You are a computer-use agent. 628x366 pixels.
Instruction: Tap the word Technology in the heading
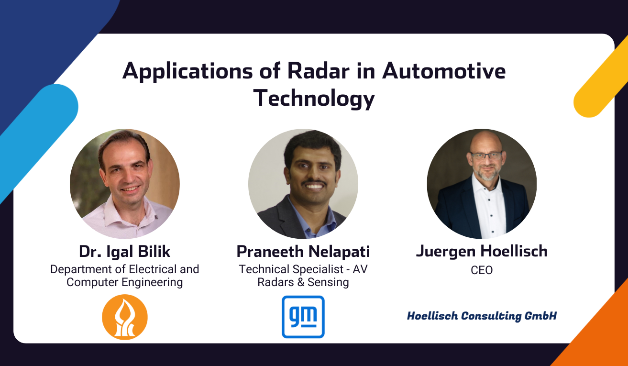point(314,99)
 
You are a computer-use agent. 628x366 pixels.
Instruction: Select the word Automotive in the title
point(443,71)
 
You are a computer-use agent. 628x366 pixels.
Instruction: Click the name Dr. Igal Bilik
point(124,252)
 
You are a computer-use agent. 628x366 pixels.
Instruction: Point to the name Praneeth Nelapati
point(303,252)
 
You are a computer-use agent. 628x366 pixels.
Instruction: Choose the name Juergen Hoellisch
point(482,252)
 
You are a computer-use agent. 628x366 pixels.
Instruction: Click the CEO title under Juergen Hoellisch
point(482,270)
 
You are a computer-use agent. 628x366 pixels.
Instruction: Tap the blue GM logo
point(303,317)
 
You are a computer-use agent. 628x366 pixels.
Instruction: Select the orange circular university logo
point(125,317)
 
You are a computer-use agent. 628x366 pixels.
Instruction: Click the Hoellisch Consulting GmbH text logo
point(482,316)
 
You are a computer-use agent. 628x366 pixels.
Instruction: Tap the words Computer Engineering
point(124,282)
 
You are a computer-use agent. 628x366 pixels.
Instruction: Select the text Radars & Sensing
point(303,282)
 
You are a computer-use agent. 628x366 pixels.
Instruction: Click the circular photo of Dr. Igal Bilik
point(125,184)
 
